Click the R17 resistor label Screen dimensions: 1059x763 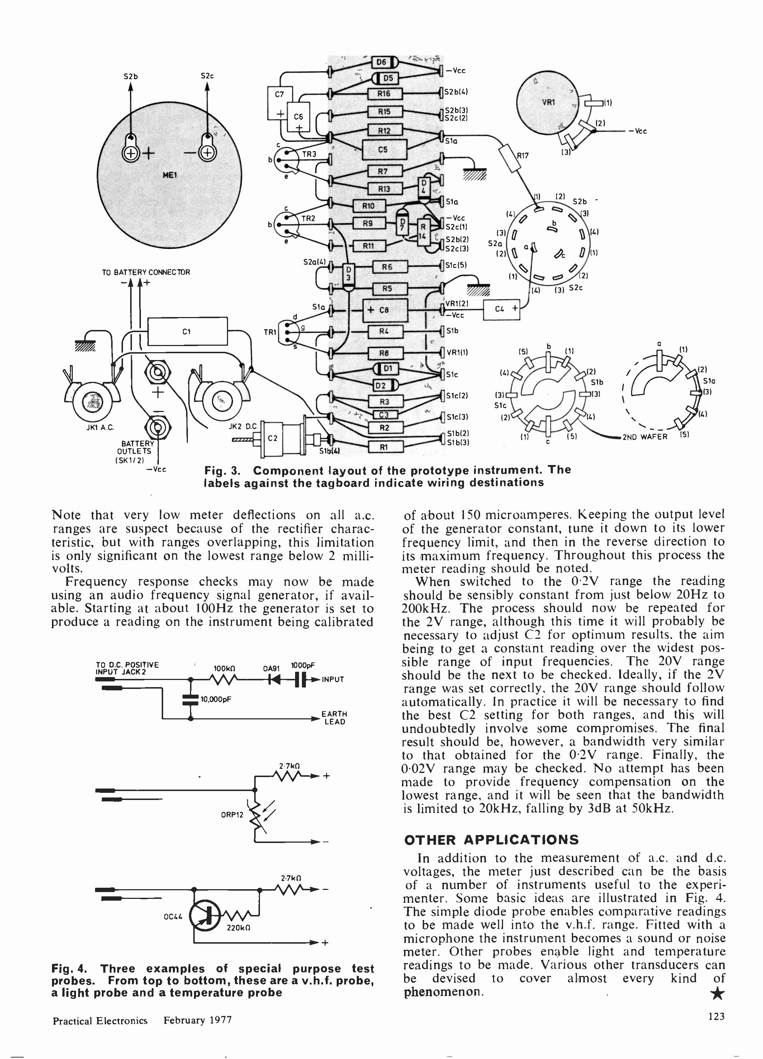tap(522, 155)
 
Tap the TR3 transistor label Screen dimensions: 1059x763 tap(308, 154)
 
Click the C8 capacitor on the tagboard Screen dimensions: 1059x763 tap(385, 310)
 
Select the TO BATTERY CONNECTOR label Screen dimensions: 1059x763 tap(146, 272)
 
